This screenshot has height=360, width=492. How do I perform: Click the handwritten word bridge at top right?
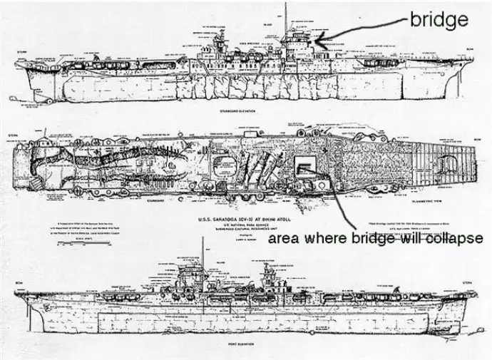tap(439, 20)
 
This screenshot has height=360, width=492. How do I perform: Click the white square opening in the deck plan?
tap(305, 168)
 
